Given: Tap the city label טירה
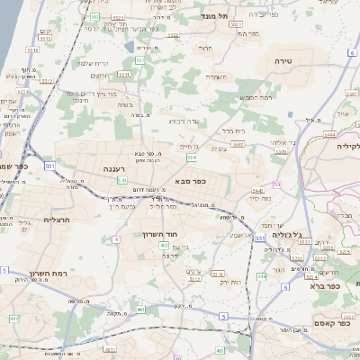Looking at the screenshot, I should pyautogui.click(x=297, y=59).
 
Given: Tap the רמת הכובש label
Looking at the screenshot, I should pyautogui.click(x=255, y=97).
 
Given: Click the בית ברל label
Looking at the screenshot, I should pyautogui.click(x=233, y=130).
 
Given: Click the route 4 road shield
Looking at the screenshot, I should pyautogui.click(x=116, y=239).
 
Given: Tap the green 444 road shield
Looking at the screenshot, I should pyautogui.click(x=261, y=275).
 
